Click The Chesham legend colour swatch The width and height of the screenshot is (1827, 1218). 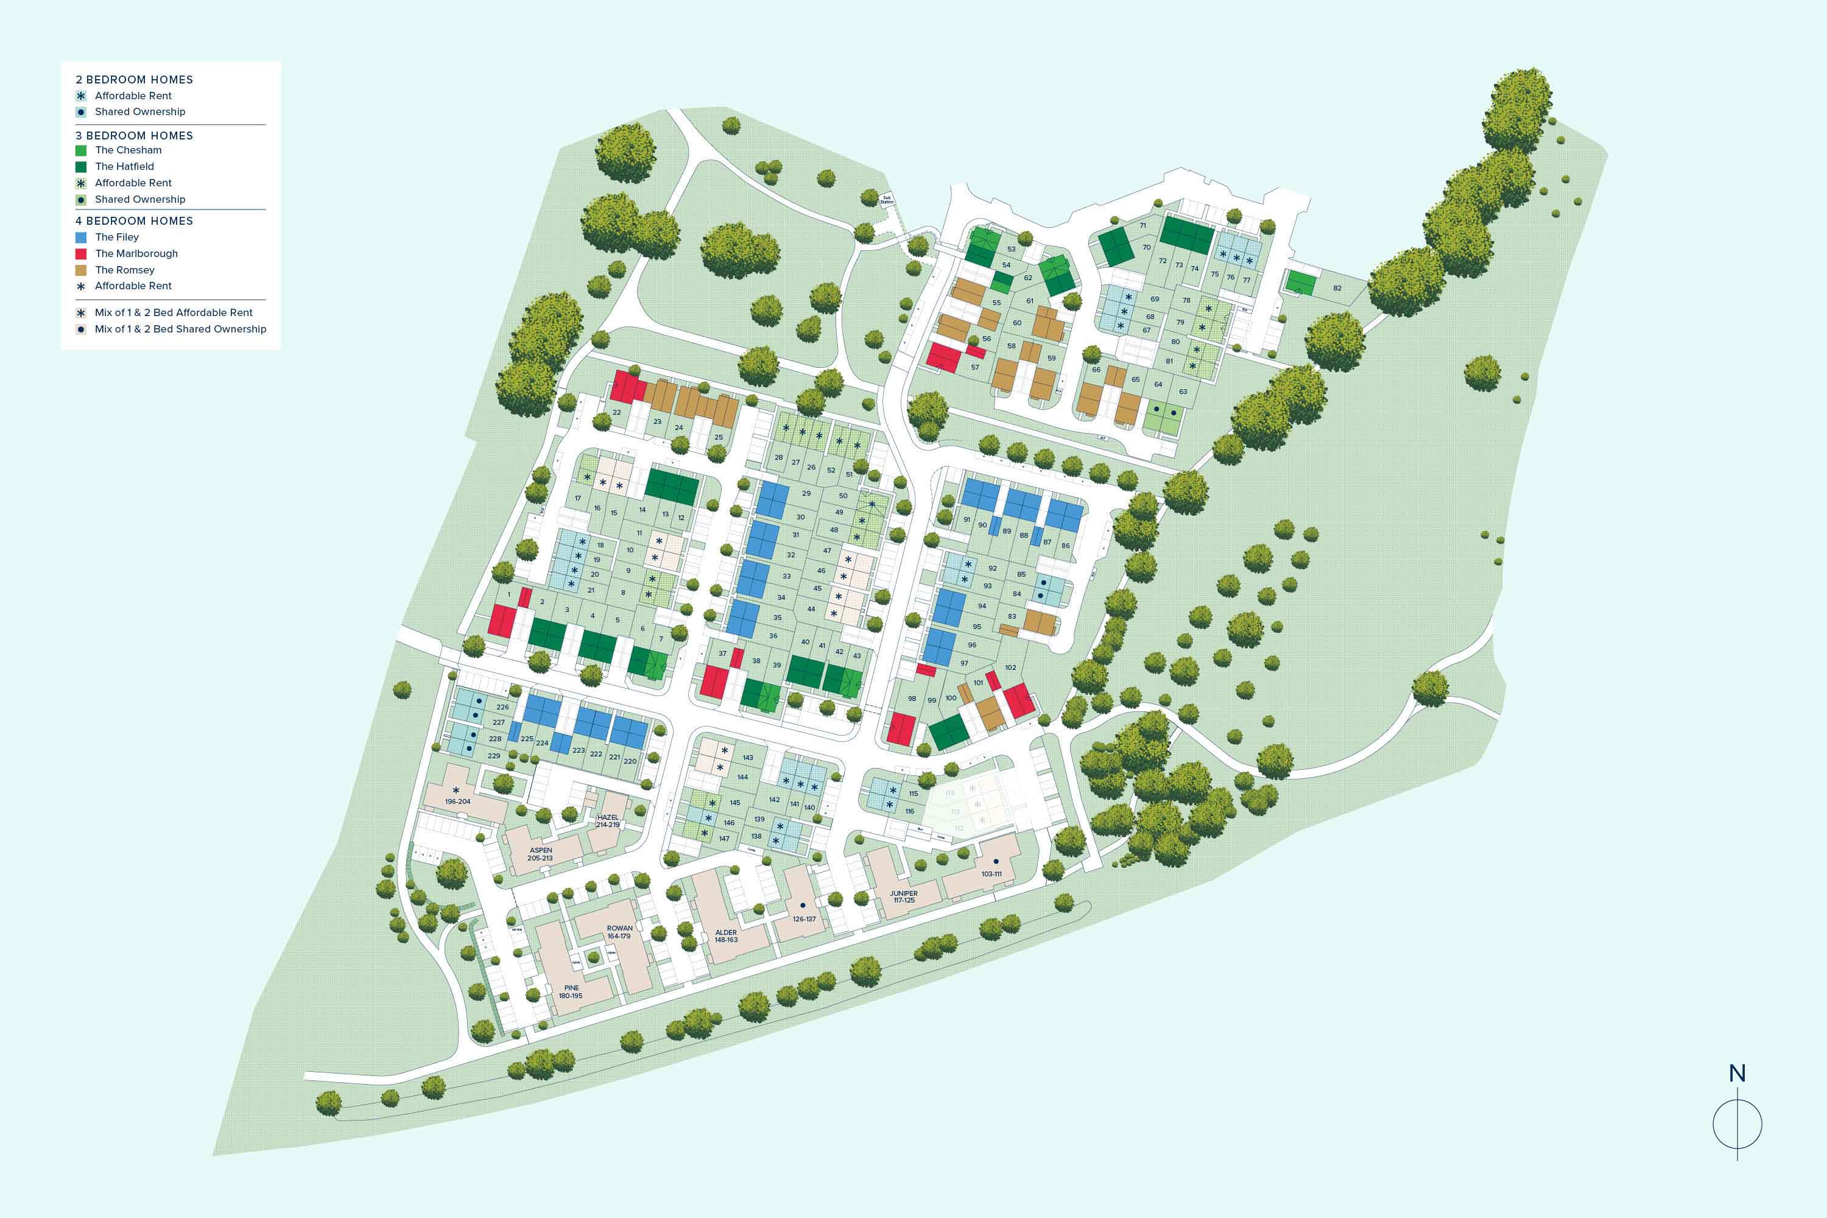pyautogui.click(x=81, y=150)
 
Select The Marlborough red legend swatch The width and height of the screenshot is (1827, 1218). pyautogui.click(x=81, y=254)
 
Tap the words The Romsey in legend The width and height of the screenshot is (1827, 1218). pyautogui.click(x=124, y=270)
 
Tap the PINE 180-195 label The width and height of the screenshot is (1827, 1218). pyautogui.click(x=571, y=992)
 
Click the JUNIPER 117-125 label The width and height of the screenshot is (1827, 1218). pyautogui.click(x=903, y=896)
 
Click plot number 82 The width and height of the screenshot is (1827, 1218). pyautogui.click(x=1337, y=288)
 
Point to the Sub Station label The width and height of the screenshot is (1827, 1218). pyautogui.click(x=887, y=200)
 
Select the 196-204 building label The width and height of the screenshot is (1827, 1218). pyautogui.click(x=457, y=801)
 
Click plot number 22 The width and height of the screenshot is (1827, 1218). pyautogui.click(x=617, y=412)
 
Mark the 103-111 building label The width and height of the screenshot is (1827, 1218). pyautogui.click(x=991, y=874)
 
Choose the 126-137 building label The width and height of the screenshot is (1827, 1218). pyautogui.click(x=804, y=919)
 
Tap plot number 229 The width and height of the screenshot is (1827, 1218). pyautogui.click(x=493, y=756)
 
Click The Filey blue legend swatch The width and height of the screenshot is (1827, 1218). pyautogui.click(x=81, y=238)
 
